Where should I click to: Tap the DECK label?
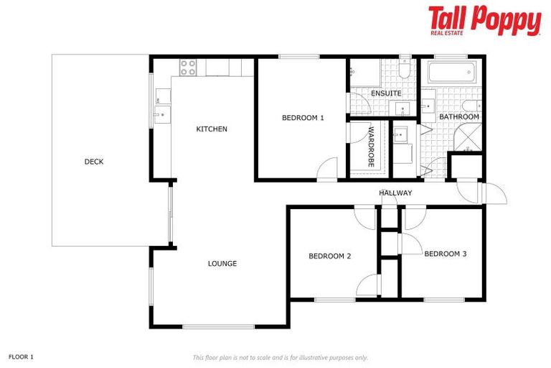coord(94,162)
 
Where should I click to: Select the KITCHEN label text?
coord(212,129)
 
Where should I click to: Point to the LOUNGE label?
coord(222,264)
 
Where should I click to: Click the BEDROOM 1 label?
coord(303,118)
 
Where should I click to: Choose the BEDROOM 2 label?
coord(329,256)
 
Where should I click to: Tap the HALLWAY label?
coord(395,193)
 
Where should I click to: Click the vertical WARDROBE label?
coord(371,147)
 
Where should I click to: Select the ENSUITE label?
coord(386,94)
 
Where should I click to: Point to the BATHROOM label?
coord(459,116)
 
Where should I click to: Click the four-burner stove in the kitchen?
coord(188,68)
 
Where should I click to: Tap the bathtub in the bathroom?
coord(451,73)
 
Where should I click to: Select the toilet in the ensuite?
coord(405,72)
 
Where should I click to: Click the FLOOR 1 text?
coord(21,356)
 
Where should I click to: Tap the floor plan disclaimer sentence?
coord(280,357)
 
